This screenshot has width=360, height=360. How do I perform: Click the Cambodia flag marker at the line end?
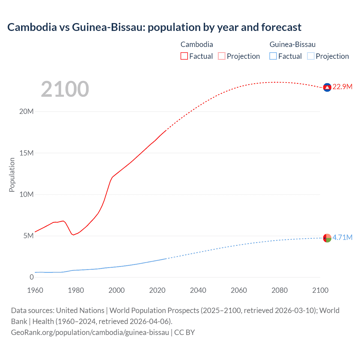tap(327, 87)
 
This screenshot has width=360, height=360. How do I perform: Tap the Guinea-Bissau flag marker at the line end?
tap(327, 238)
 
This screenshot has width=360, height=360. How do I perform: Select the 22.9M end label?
tap(342, 87)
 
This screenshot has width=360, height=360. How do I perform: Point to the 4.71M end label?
tap(342, 237)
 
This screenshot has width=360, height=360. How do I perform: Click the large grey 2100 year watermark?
tap(65, 89)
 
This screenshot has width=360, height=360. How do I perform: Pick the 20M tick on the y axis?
tap(26, 111)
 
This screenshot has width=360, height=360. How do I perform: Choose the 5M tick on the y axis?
tap(28, 236)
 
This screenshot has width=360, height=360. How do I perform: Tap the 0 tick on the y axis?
tap(31, 277)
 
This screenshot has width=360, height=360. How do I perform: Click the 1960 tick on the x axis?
tap(35, 290)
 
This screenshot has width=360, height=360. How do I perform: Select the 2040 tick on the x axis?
tap(198, 290)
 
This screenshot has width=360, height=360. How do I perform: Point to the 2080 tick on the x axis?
tap(280, 290)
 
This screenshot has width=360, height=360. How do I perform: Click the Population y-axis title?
tap(12, 175)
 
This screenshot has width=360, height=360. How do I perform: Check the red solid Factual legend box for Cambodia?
tap(184, 56)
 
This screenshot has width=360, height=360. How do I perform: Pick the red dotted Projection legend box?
tap(222, 56)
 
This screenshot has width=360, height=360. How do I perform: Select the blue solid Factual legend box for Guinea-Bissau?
tap(273, 56)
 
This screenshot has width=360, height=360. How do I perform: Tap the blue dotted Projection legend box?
tap(311, 56)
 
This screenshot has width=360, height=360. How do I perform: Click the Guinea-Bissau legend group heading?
tap(292, 44)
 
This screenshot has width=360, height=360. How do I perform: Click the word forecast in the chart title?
tap(281, 27)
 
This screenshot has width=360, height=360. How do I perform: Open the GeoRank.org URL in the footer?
tap(90, 332)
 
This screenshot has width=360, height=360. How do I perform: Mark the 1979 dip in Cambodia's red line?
tap(74, 235)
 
